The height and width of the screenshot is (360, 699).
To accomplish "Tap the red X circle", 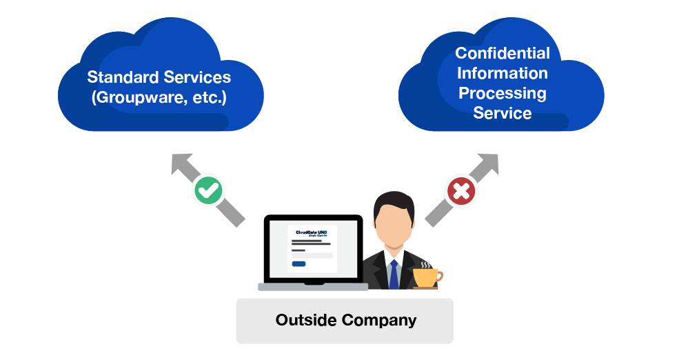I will [461, 191].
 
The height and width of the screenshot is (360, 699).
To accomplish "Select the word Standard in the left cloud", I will [121, 77].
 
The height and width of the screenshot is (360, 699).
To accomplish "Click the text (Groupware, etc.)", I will [159, 97].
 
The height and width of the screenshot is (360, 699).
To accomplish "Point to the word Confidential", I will [503, 53].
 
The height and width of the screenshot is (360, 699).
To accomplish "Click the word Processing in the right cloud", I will [503, 93].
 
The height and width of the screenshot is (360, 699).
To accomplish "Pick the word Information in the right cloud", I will [503, 73].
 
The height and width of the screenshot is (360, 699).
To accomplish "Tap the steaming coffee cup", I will [425, 276].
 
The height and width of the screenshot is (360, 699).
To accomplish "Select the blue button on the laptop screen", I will [298, 263].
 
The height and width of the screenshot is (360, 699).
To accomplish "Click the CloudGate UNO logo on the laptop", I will [311, 233].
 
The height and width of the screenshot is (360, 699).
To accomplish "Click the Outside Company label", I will [345, 320].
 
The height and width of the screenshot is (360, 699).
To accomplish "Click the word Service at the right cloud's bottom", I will [503, 113].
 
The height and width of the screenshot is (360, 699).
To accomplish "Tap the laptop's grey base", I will [313, 286].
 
